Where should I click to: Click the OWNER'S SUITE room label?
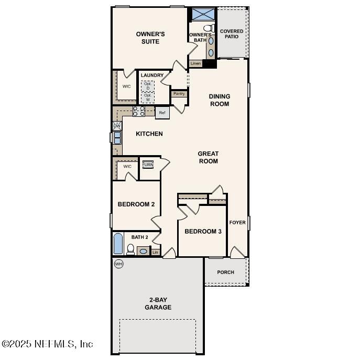tap(150, 38)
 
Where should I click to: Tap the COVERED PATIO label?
tap(232, 34)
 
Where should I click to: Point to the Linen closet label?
tap(195, 63)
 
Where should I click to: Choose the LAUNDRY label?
tap(152, 75)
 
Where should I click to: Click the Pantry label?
tap(179, 94)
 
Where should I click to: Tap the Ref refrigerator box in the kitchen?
tap(162, 113)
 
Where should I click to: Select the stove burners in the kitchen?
tap(139, 111)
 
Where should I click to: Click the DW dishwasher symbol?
tap(117, 126)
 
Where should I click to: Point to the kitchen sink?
tap(117, 138)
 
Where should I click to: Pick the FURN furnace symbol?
tap(148, 165)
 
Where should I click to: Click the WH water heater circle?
tap(118, 264)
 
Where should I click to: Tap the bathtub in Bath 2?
tap(118, 244)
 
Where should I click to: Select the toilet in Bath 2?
tap(130, 249)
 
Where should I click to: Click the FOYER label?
tap(237, 223)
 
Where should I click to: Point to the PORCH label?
tap(226, 272)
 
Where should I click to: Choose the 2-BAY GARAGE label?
tap(158, 304)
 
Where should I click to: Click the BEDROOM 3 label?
tap(203, 231)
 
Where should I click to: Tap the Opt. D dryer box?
tap(148, 86)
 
